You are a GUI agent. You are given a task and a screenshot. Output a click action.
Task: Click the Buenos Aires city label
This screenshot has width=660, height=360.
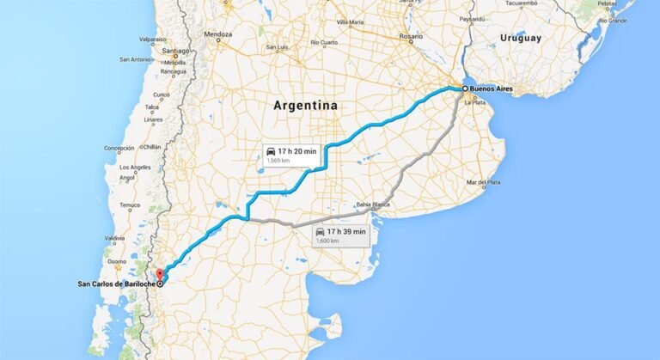coord(492,88)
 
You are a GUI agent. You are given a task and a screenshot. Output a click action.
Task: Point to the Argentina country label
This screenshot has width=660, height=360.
coord(305,106)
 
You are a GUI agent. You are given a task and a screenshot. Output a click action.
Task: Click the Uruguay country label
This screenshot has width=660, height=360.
coord(521,38)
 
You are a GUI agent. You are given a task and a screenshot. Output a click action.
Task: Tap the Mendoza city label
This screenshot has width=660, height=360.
coord(218,34)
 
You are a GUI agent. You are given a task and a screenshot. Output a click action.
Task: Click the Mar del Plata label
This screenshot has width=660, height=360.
coord(483,182)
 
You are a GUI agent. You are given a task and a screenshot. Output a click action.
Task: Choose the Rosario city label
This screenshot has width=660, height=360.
coord(411,36)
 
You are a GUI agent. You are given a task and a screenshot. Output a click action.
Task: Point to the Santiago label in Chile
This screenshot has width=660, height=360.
coord(174,52)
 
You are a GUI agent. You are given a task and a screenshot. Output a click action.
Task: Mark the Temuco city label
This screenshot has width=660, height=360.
coord(130,204)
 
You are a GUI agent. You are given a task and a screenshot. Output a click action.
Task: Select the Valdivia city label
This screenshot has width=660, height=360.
coord(114,238)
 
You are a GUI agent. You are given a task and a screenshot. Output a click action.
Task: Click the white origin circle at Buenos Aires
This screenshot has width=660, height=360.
coord(465,88)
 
